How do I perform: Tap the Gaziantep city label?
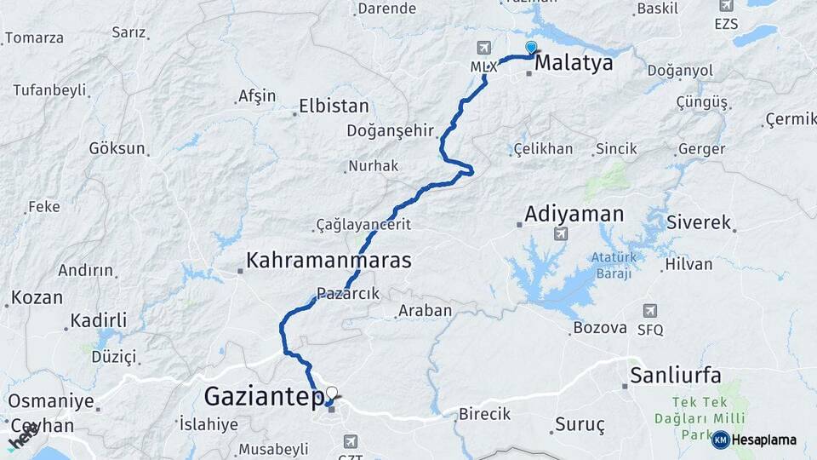click(263, 396)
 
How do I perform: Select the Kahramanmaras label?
click(329, 260)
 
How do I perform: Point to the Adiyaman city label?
click(574, 214)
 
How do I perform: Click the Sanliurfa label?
click(676, 375)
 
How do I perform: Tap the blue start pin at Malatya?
click(531, 49)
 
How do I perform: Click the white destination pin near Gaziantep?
click(332, 394)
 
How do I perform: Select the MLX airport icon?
click(484, 48)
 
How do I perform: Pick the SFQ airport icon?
click(650, 311)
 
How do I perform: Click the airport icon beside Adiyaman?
click(559, 233)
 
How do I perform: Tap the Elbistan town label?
click(334, 107)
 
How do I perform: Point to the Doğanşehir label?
click(391, 130)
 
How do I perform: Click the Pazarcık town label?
click(347, 293)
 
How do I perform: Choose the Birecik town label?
click(484, 414)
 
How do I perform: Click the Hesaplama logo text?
click(763, 440)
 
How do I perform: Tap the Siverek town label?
click(699, 223)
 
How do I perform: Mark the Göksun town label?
click(117, 147)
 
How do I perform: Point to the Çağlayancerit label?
click(363, 224)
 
